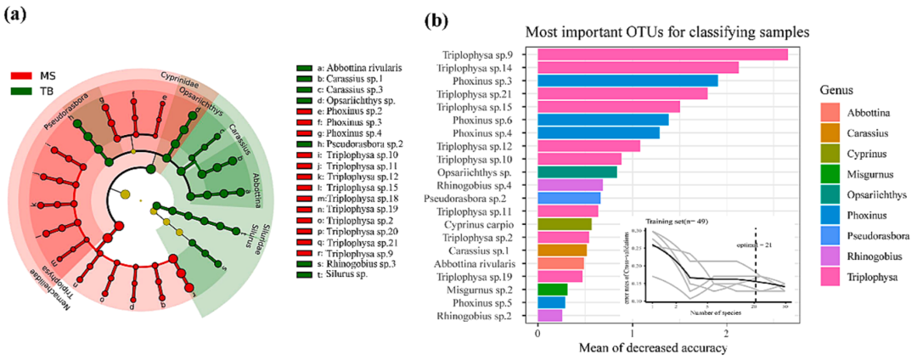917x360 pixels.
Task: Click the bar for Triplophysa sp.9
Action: click(x=662, y=55)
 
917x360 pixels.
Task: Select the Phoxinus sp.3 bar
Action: click(x=627, y=81)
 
